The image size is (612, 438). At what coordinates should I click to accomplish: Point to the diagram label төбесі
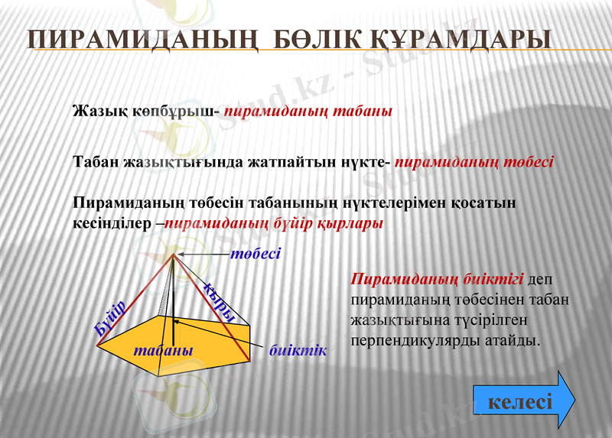(256, 253)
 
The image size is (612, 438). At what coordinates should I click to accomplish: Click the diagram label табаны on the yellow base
(162, 349)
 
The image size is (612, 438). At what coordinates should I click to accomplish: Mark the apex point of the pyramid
(174, 255)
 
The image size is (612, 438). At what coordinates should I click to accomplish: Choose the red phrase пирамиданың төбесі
(474, 162)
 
